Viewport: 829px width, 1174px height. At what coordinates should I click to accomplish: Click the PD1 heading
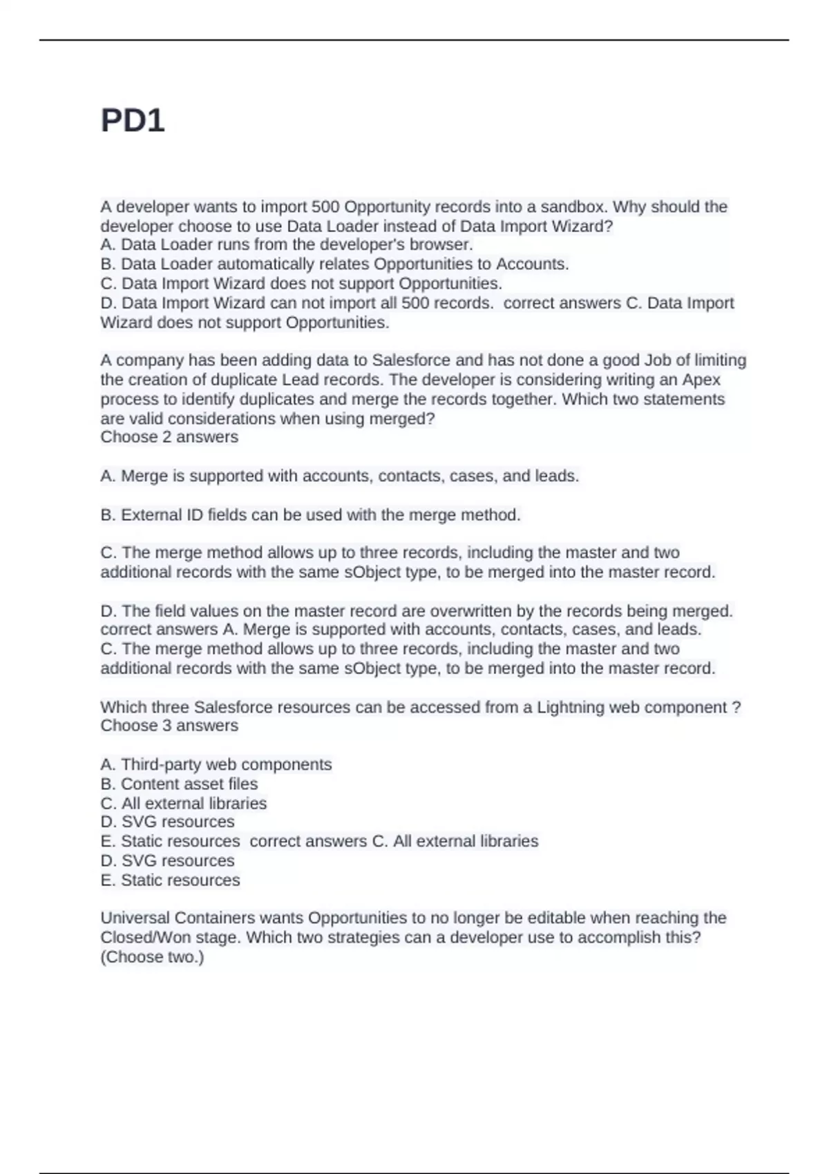point(133,121)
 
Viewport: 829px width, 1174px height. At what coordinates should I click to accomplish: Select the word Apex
point(701,380)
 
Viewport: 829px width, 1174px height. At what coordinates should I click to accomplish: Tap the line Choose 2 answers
point(169,437)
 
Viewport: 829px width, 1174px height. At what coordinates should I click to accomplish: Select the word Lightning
point(570,707)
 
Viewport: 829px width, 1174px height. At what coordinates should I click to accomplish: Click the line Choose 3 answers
point(169,726)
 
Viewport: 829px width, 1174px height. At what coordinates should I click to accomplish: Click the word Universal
point(135,918)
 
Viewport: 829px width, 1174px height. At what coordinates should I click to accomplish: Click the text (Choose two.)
point(152,957)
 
